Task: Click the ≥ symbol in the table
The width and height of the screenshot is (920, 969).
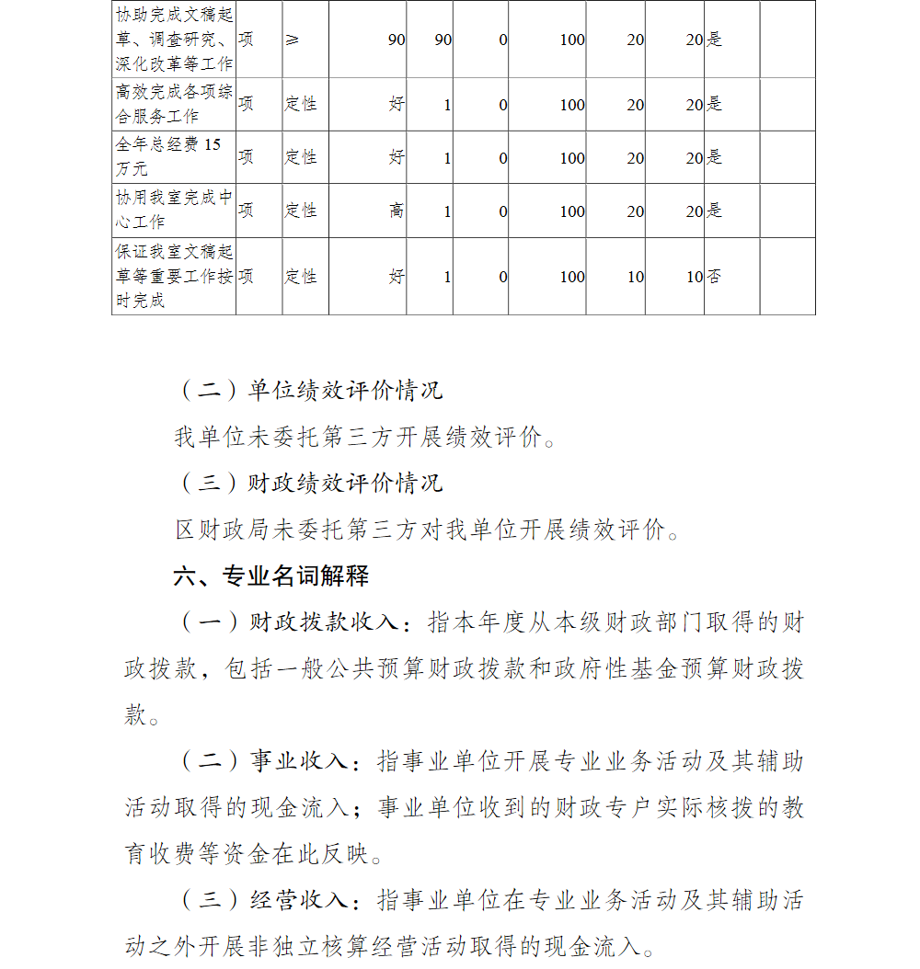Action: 292,40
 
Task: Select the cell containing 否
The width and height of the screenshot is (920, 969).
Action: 714,277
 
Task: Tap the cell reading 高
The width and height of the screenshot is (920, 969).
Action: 397,211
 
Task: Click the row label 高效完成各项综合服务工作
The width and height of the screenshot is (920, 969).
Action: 174,104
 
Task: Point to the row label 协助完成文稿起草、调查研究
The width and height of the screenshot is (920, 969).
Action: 174,40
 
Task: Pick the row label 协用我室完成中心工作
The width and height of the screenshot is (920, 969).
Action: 174,211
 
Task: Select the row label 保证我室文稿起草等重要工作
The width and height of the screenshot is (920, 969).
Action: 174,276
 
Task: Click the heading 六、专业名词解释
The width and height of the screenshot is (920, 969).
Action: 271,576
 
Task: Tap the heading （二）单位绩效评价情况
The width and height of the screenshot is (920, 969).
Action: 309,390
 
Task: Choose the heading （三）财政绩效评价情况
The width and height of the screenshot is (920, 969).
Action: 309,483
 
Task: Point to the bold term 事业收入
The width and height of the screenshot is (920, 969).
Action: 298,761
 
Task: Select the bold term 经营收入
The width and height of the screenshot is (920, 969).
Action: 298,899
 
